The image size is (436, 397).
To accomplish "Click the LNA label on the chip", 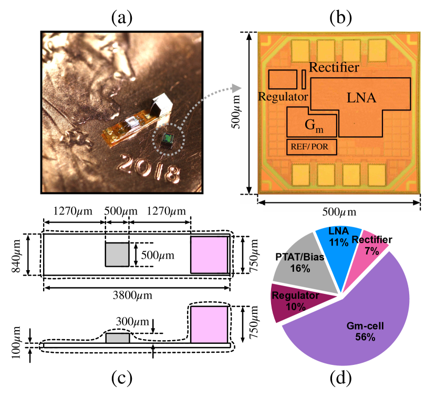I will pyautogui.click(x=361, y=98).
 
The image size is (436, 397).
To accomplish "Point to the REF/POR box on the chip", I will pyautogui.click(x=309, y=147).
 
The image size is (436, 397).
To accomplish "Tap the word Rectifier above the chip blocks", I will pyautogui.click(x=334, y=67).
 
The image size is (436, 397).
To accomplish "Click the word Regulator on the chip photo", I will pyautogui.click(x=283, y=97).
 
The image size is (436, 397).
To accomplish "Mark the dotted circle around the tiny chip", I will pyautogui.click(x=168, y=138).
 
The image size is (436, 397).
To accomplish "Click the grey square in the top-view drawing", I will pyautogui.click(x=117, y=254).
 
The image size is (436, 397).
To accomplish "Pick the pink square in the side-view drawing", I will pyautogui.click(x=209, y=324).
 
